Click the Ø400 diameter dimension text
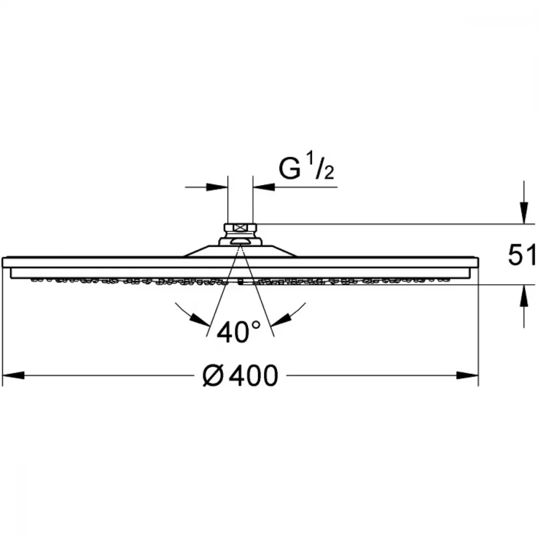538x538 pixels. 240,375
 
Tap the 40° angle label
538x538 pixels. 239,332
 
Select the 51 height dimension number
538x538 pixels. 522,255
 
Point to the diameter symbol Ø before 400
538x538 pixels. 214,376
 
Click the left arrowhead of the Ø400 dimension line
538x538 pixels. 13,375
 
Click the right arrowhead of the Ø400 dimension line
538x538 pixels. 468,375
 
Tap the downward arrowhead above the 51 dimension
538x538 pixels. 523,213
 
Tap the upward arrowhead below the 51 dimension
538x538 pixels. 523,295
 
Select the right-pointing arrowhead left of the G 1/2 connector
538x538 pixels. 217,187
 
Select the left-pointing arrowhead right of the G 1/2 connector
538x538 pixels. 264,187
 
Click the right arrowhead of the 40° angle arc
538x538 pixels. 281,320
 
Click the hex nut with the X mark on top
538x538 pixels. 240,227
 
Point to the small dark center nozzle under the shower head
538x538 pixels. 240,283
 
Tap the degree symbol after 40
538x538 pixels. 256,325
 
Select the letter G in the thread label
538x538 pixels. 290,168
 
